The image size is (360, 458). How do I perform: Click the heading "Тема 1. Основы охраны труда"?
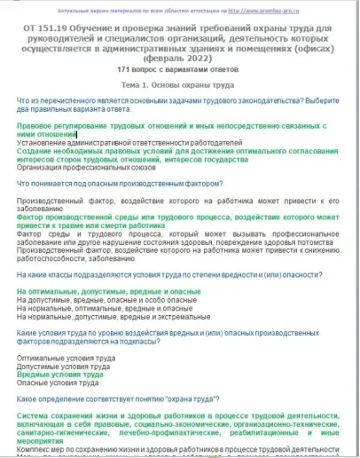click(x=180, y=107)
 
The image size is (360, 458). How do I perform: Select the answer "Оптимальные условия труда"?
click(x=66, y=358)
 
